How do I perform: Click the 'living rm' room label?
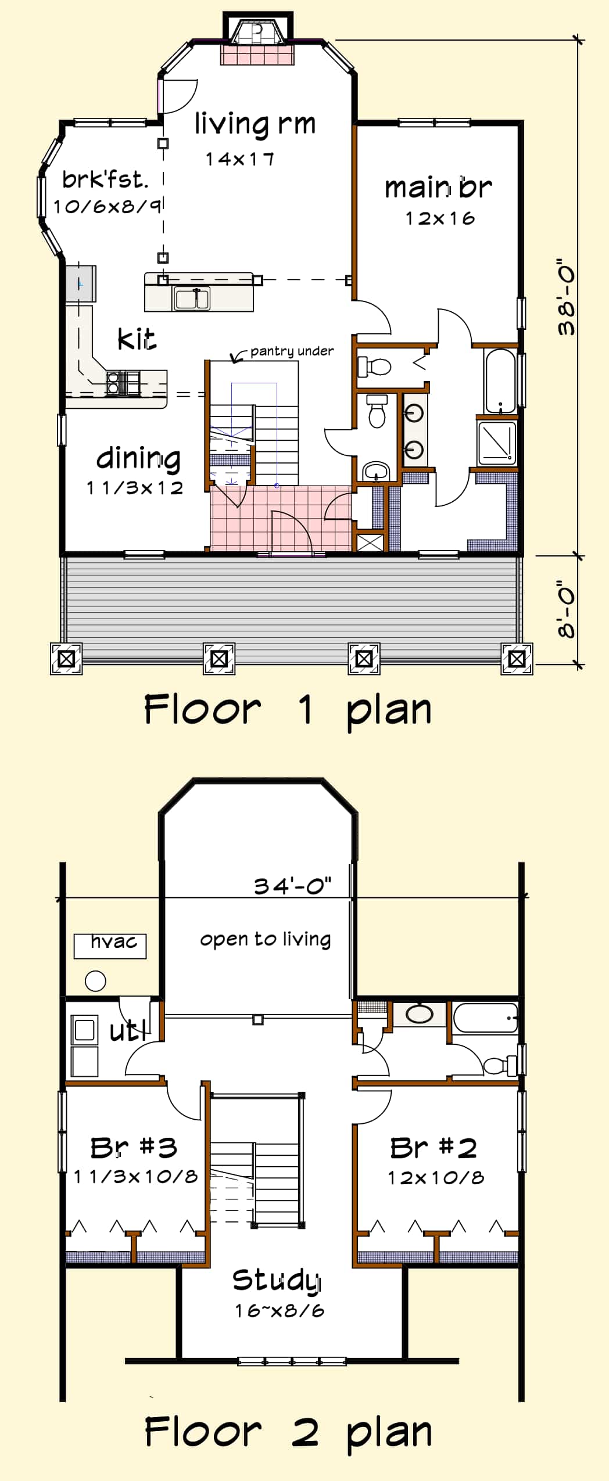coord(255,124)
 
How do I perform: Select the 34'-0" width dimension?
coord(293,886)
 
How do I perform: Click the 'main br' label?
coord(438,188)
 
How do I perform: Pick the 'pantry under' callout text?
coord(292,351)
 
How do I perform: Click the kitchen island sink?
coord(192,299)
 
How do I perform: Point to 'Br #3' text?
coord(134,1148)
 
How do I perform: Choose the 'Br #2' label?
coord(434,1148)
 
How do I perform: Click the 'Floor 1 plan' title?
coord(288,710)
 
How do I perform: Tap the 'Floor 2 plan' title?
coord(288,1432)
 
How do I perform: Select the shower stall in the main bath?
coord(496,443)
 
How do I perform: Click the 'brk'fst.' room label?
coord(105,180)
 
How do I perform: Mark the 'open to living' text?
coord(266,939)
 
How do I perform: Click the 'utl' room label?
coord(128,1031)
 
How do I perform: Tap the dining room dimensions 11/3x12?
coord(135,488)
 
